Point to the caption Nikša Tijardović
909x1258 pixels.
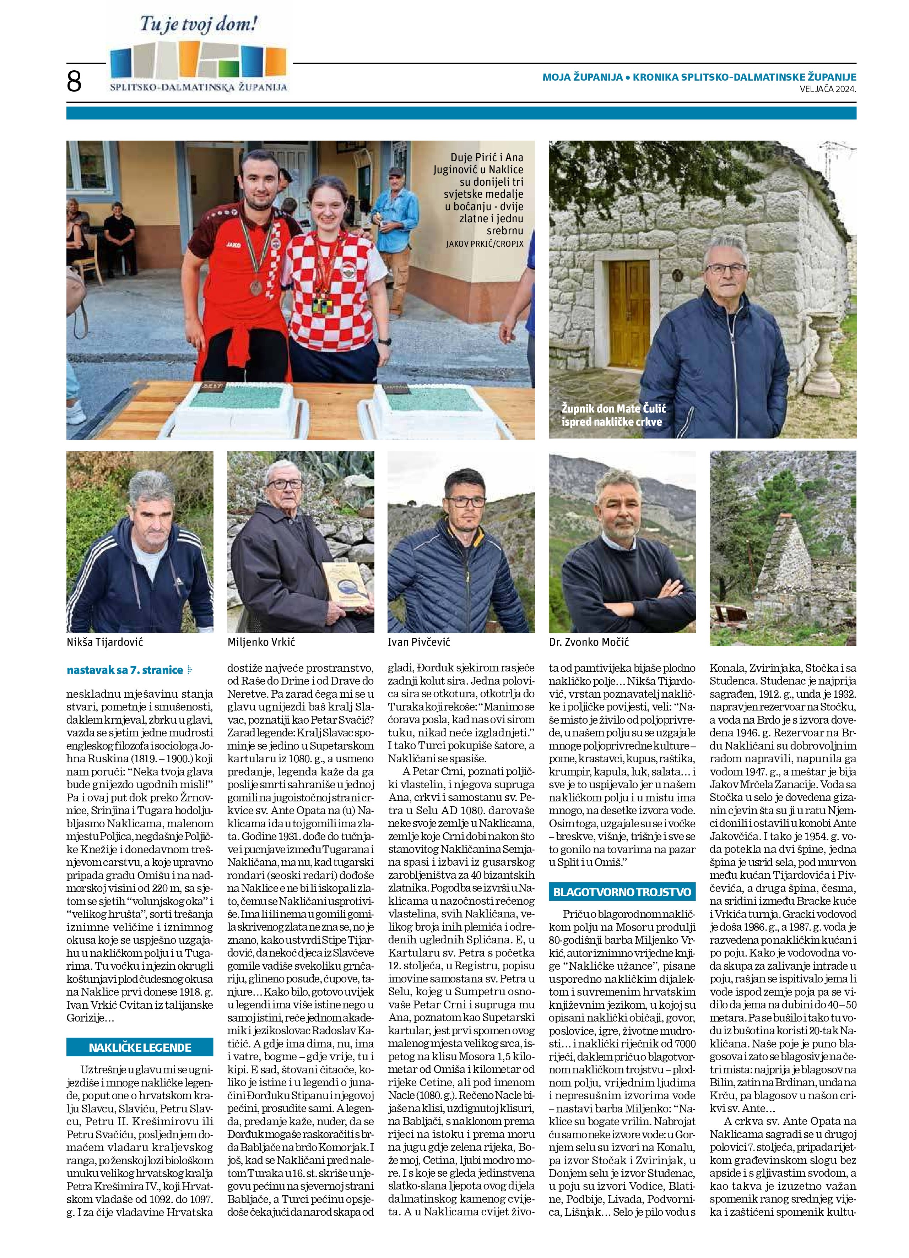pyautogui.click(x=105, y=642)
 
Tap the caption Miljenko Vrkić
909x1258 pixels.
pyautogui.click(x=261, y=642)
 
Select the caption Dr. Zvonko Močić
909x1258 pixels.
pyautogui.click(x=588, y=642)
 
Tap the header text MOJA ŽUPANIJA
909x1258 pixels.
pyautogui.click(x=582, y=78)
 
